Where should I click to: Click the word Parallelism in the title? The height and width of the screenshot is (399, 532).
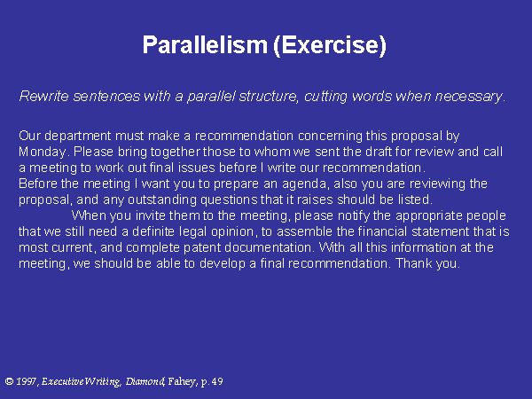(205, 44)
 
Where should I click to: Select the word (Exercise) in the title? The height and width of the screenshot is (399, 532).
(330, 45)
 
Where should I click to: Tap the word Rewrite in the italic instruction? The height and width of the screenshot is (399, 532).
(43, 96)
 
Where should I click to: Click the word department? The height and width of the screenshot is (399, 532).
(77, 136)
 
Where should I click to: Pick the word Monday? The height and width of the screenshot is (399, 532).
(42, 152)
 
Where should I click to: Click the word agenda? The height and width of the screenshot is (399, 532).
(304, 184)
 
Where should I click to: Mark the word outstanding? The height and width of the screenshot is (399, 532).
(162, 199)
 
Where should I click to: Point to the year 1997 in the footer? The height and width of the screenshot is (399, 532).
(27, 381)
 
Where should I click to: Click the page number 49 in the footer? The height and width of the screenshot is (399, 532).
(217, 381)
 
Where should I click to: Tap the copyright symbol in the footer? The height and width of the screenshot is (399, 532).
(9, 381)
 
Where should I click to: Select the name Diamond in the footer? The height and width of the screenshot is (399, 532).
(145, 381)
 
